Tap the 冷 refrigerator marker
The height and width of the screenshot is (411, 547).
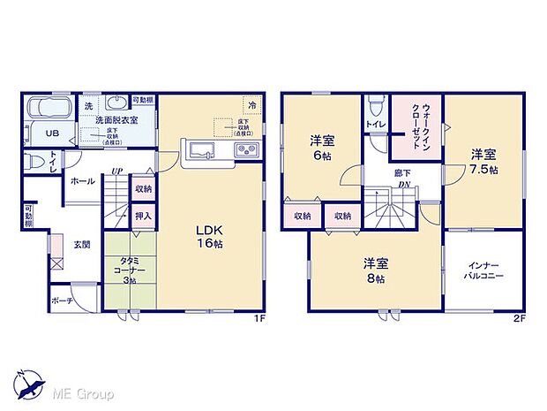click(252, 106)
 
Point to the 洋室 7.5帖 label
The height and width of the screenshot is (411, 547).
click(483, 161)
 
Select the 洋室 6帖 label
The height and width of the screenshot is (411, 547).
click(320, 147)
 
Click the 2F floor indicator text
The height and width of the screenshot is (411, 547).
click(518, 321)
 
